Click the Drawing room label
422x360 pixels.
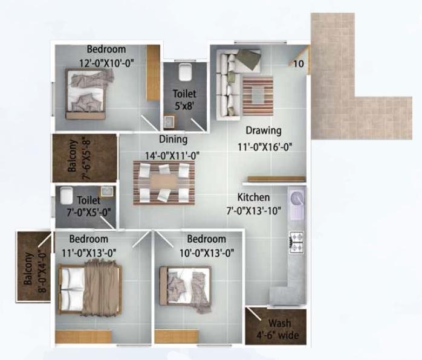pos(263,130)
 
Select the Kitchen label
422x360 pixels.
pos(253,198)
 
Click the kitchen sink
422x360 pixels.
pos(297,204)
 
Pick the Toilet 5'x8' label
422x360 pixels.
pos(184,100)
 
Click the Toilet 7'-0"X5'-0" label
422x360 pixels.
pos(88,205)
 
